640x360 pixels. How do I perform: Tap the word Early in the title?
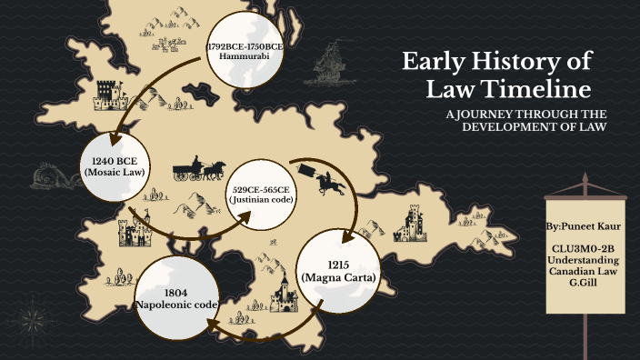(435, 62)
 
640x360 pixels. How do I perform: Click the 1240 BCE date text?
(115, 160)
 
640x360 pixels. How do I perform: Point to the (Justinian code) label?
(263, 198)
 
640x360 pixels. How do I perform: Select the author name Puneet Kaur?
(583, 222)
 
